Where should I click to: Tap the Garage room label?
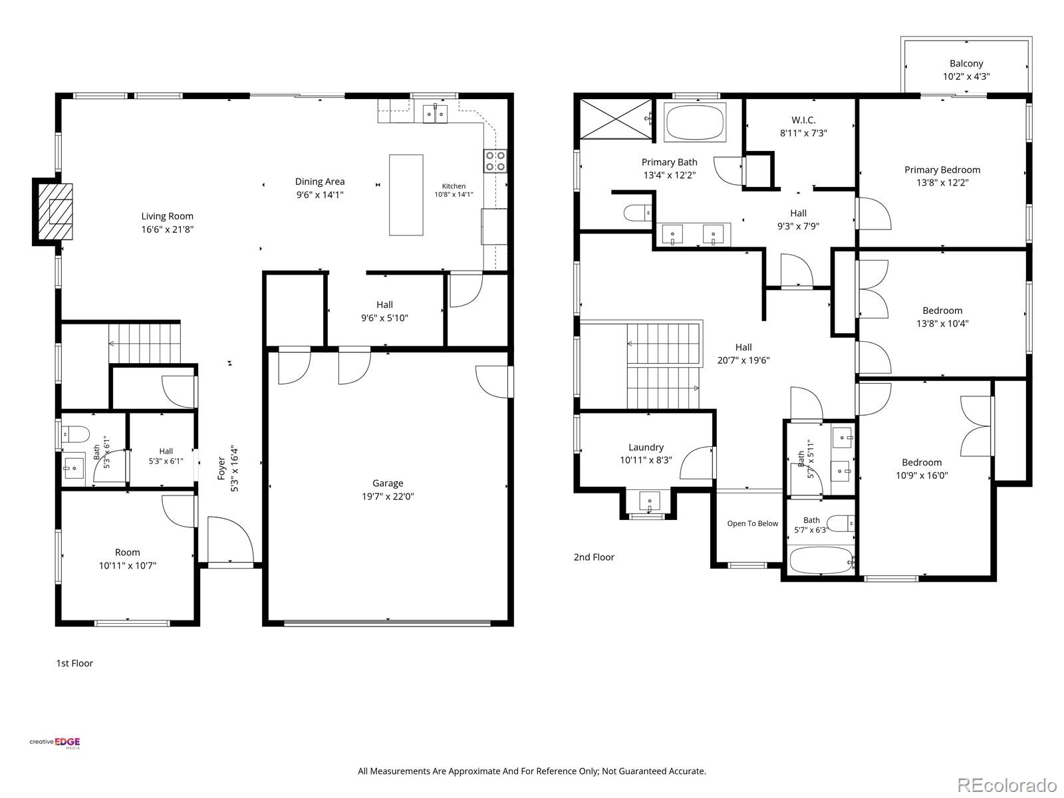387,483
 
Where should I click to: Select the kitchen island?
406,195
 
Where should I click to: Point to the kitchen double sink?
435,114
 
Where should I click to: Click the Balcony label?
966,63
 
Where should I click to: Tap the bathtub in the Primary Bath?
694,122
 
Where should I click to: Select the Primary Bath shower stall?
616,119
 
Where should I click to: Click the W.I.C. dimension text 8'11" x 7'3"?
803,133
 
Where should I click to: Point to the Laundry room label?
646,447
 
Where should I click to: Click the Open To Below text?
752,523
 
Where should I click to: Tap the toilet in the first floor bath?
75,434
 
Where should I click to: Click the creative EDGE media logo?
55,743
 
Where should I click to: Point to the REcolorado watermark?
1006,783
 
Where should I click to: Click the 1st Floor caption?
74,663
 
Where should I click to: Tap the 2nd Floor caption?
594,557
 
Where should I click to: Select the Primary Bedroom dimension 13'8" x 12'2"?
942,183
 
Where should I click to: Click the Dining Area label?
320,182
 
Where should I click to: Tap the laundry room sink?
649,501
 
